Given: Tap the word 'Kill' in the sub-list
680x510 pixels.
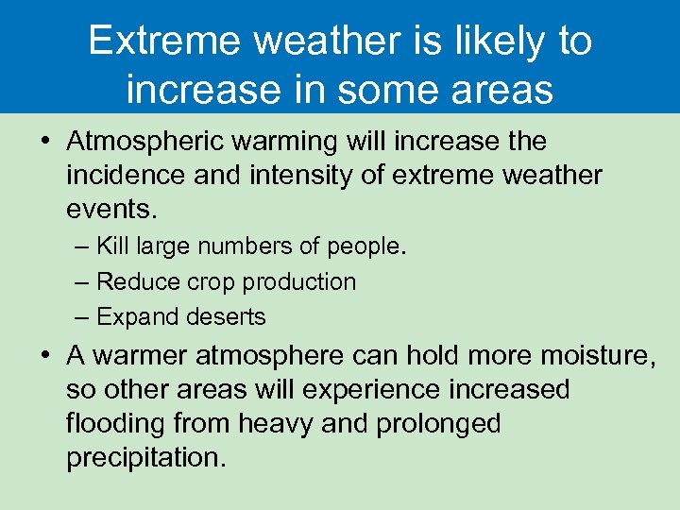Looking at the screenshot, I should pos(114,246).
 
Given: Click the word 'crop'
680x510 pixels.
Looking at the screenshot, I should pos(210,281).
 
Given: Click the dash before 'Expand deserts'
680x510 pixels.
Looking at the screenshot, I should pos(83,316).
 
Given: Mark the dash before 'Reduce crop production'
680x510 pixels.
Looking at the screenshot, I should pos(83,281).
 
